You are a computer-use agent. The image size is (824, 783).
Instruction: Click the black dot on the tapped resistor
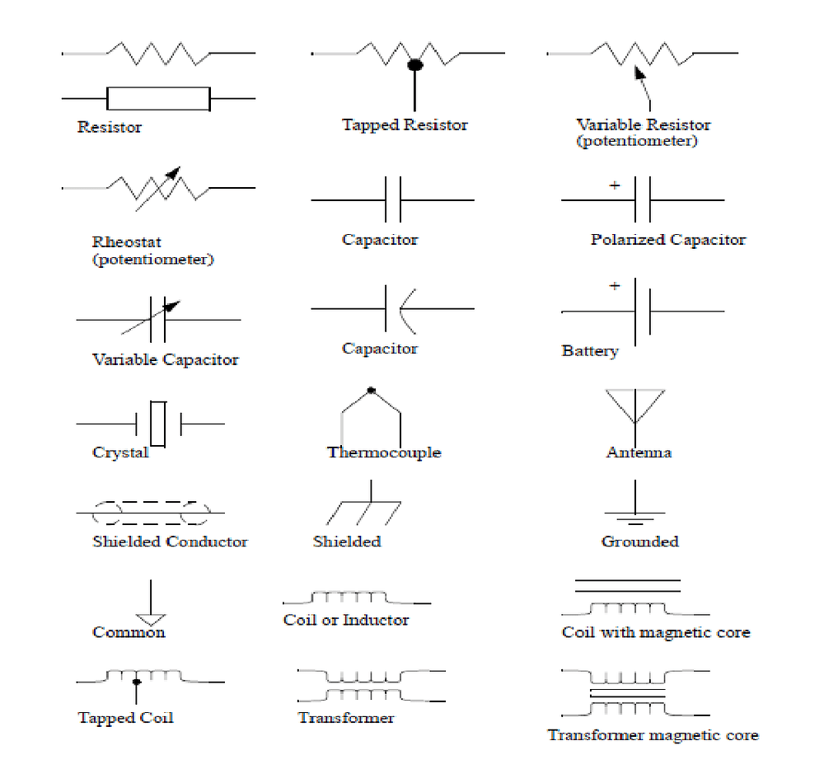pyautogui.click(x=415, y=63)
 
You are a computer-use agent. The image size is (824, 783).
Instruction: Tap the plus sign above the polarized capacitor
pyautogui.click(x=615, y=186)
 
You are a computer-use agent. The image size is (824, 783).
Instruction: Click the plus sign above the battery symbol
pyautogui.click(x=615, y=286)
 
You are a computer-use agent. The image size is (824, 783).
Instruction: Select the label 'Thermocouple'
pyautogui.click(x=383, y=452)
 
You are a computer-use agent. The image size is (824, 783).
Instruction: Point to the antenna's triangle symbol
pyautogui.click(x=634, y=405)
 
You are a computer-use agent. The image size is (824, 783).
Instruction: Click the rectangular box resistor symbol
pyautogui.click(x=158, y=99)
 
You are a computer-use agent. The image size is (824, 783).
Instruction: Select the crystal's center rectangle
pyautogui.click(x=158, y=424)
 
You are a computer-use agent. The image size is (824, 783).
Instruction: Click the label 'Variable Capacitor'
pyautogui.click(x=166, y=360)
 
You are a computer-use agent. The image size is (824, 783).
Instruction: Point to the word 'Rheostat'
pyautogui.click(x=127, y=242)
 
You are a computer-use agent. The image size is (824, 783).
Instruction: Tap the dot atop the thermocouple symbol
pyautogui.click(x=371, y=390)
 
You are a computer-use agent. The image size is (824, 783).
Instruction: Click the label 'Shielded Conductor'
pyautogui.click(x=170, y=542)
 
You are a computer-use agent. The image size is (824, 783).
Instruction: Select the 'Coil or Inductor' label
pyautogui.click(x=346, y=620)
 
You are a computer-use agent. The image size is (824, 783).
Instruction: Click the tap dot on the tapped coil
pyautogui.click(x=137, y=682)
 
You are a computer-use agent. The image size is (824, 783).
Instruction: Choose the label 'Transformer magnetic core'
pyautogui.click(x=653, y=735)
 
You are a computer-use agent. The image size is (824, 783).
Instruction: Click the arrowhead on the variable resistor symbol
pyautogui.click(x=639, y=74)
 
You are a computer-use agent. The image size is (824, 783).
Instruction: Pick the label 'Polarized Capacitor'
pyautogui.click(x=667, y=240)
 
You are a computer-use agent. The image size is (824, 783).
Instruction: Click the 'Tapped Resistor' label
pyautogui.click(x=405, y=125)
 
